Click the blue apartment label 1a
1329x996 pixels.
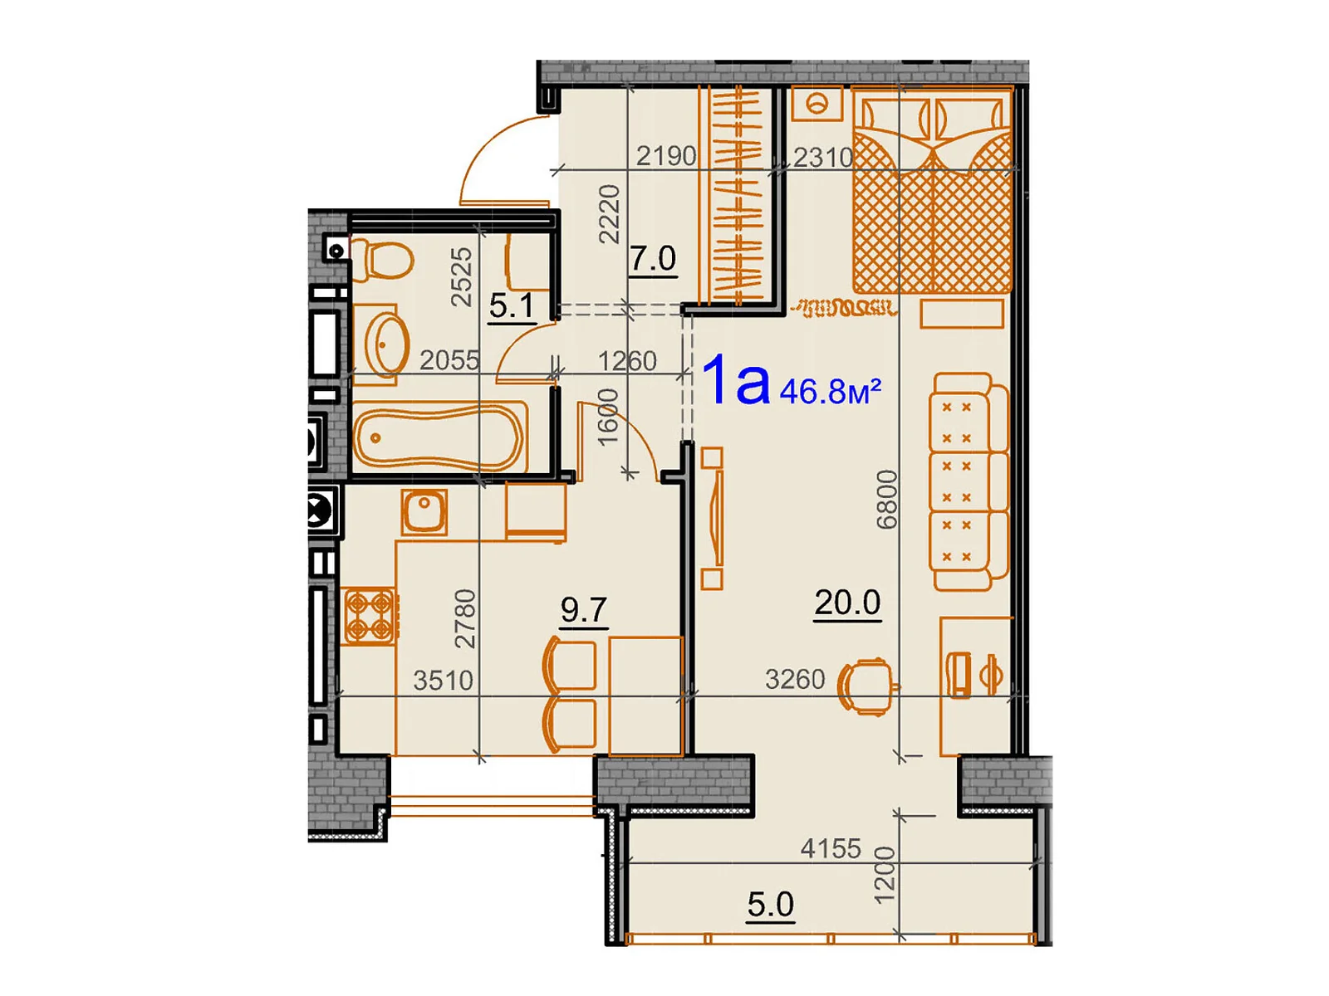tap(736, 382)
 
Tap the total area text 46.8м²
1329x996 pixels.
tap(829, 390)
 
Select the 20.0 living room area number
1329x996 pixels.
tap(846, 603)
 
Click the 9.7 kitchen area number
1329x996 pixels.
tap(583, 610)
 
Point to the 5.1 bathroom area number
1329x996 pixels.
tap(511, 305)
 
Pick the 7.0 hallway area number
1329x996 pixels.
tap(652, 259)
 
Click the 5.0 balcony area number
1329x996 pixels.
tap(770, 904)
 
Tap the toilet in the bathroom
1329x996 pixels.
tap(384, 260)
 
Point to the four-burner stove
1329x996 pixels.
tap(369, 615)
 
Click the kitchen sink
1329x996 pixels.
tap(424, 510)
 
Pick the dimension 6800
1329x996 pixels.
tap(888, 500)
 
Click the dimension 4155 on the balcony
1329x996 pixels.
tap(831, 848)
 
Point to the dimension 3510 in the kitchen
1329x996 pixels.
tap(443, 681)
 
